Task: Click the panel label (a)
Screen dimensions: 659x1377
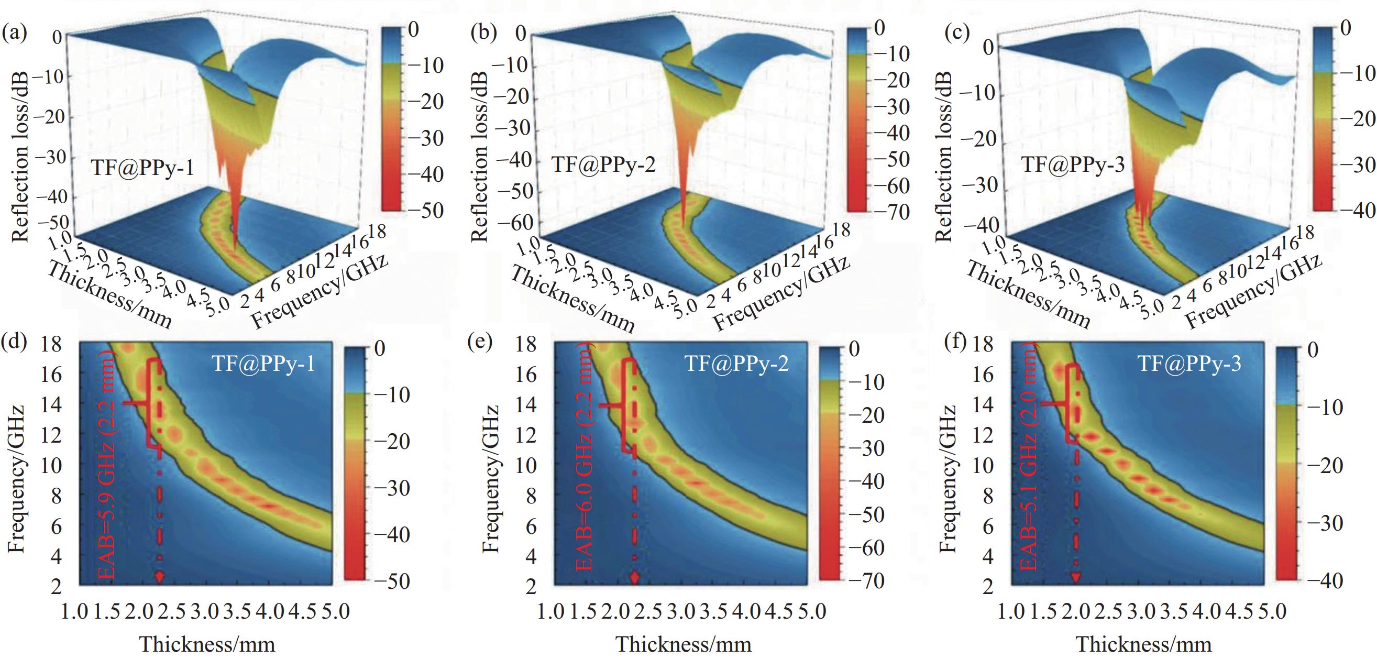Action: (x=14, y=34)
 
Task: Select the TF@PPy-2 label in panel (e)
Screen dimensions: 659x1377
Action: (x=736, y=364)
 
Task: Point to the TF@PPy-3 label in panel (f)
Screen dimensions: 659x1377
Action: (x=1189, y=364)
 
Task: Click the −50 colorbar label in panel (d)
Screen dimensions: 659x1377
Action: (x=391, y=581)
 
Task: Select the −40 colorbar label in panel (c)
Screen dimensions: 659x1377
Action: (x=1357, y=210)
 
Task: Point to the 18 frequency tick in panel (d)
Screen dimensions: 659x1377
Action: (x=51, y=345)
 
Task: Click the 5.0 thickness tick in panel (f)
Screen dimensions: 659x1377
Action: (x=1272, y=611)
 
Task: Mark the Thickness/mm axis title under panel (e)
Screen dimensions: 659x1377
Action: (x=684, y=644)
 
